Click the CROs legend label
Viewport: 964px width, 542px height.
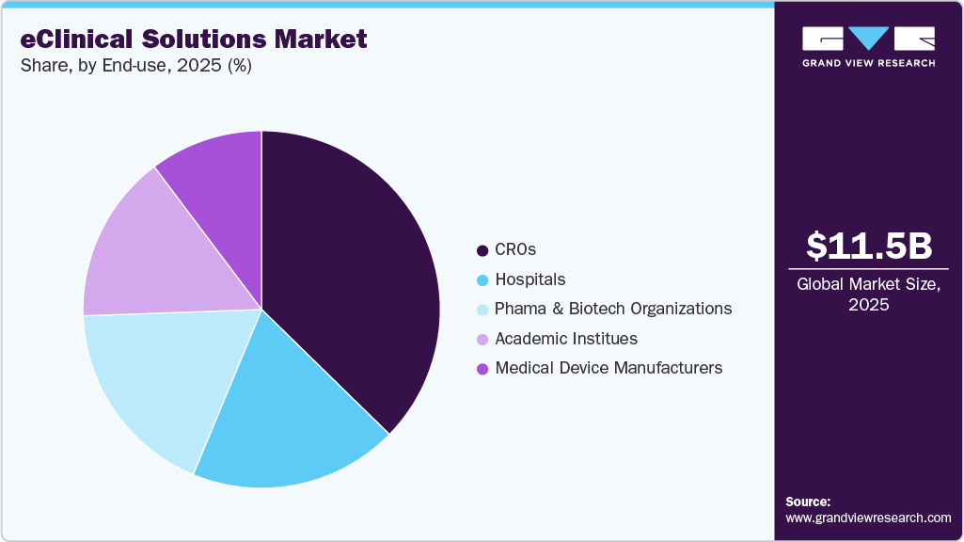[x=514, y=250]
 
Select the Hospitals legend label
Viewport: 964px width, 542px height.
[x=529, y=279]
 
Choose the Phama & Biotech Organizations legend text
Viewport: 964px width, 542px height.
[x=612, y=309]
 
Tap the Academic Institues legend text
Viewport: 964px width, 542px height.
[x=565, y=339]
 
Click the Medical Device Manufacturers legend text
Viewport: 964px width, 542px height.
[x=608, y=368]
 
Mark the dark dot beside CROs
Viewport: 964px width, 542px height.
[x=482, y=250]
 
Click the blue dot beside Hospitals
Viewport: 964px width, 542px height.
[x=482, y=280]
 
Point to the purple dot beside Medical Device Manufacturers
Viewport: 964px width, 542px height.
[x=482, y=369]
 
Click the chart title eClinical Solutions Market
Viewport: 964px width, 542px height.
[x=194, y=40]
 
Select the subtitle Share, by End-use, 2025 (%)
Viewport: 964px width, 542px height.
[x=136, y=66]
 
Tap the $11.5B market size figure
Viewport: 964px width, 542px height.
[x=869, y=246]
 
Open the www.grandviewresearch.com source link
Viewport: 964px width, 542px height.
[x=868, y=518]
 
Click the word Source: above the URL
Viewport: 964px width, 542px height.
[x=808, y=502]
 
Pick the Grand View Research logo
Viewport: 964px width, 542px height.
[x=868, y=46]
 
